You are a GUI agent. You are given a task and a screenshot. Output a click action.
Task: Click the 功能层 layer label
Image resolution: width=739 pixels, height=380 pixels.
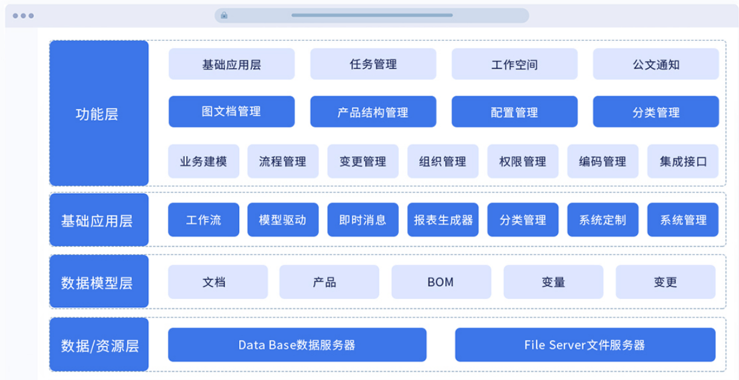click(99, 113)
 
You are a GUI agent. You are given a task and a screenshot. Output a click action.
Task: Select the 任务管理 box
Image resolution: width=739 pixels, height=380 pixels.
click(373, 64)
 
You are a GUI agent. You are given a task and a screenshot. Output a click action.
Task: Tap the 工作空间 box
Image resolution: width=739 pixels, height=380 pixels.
click(514, 64)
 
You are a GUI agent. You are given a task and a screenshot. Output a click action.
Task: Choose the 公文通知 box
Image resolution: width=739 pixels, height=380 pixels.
click(656, 64)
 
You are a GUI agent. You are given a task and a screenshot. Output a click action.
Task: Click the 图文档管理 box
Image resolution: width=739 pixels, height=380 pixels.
click(232, 112)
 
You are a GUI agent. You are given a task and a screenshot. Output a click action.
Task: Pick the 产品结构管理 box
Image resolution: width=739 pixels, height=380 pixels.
click(373, 112)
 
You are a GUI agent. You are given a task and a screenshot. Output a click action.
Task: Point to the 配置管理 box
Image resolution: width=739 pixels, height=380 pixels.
click(514, 112)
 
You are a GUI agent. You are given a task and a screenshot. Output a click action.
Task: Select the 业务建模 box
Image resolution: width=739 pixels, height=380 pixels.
click(204, 161)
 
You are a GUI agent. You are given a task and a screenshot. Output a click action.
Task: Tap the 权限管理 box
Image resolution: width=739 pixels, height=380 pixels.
click(523, 161)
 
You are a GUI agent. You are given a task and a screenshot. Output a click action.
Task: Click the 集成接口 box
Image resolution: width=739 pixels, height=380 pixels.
click(683, 161)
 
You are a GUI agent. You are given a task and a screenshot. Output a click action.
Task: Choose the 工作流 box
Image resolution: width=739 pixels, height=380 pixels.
click(204, 219)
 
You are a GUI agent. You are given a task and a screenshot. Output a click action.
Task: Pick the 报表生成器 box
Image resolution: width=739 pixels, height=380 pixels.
click(443, 219)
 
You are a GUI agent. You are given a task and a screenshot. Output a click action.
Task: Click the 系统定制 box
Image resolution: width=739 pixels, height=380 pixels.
click(603, 219)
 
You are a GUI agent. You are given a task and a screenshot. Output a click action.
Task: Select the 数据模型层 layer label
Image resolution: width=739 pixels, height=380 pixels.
click(99, 281)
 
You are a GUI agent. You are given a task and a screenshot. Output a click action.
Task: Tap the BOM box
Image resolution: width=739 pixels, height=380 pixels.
click(441, 282)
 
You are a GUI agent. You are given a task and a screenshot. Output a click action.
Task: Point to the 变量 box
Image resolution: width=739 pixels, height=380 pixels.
click(553, 282)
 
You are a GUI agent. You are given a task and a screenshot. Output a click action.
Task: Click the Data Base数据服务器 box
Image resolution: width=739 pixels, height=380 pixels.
click(298, 345)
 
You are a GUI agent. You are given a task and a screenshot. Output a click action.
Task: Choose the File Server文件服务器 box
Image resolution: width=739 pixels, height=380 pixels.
click(585, 345)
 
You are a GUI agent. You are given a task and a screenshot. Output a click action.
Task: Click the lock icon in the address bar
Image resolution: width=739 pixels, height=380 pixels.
click(224, 15)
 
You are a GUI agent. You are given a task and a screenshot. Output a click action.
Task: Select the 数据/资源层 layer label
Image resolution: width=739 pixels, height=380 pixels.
click(99, 345)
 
